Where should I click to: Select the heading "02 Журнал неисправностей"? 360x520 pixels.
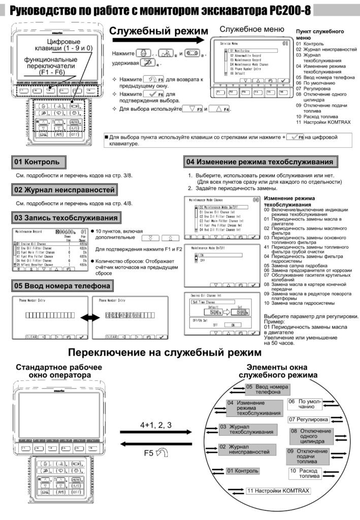point(64,190)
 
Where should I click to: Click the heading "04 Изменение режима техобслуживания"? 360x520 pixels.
point(259,162)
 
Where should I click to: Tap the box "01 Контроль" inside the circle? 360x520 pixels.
point(243,471)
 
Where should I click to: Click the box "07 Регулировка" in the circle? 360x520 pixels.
point(308,419)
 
